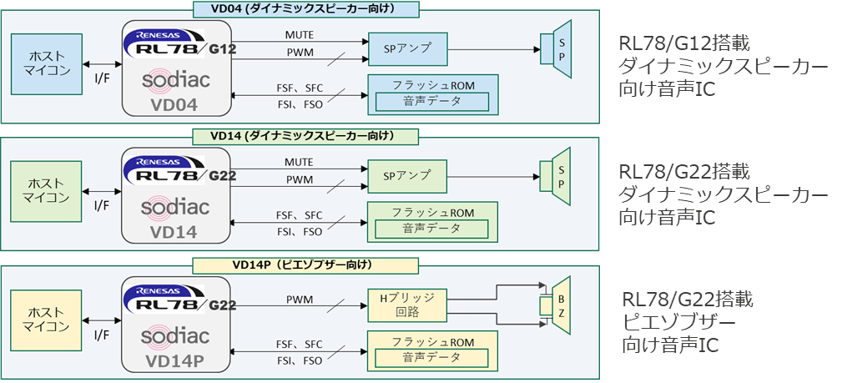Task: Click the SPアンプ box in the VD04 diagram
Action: [x=406, y=47]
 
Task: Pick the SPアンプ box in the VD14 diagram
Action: [x=406, y=175]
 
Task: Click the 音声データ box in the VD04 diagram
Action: [x=431, y=101]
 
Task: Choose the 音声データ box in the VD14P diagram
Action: [x=431, y=357]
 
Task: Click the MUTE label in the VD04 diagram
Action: [x=298, y=34]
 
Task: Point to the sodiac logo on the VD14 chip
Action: [x=175, y=206]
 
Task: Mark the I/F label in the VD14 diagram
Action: [x=102, y=205]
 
